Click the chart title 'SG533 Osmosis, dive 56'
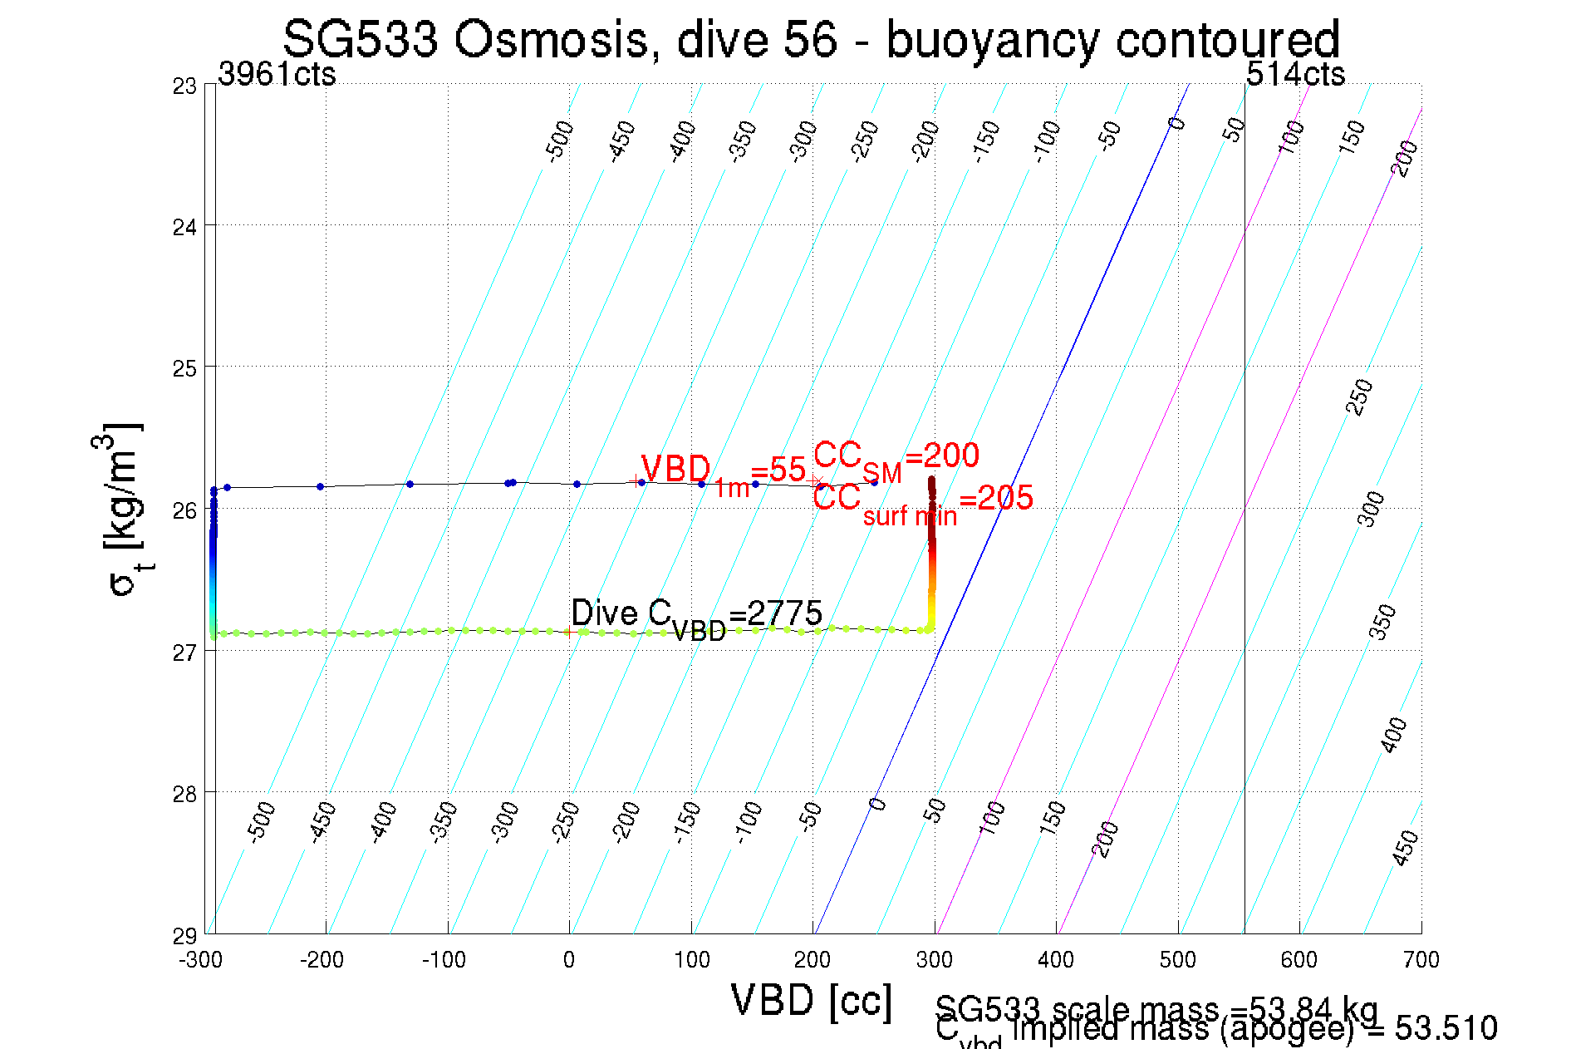(811, 39)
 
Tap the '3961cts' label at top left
(277, 75)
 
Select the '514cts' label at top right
(1295, 75)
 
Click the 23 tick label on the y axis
(184, 86)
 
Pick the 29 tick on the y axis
(184, 936)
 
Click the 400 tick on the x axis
(1056, 960)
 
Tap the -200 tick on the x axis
(322, 960)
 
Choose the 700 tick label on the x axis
(1421, 960)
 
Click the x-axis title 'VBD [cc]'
(811, 1000)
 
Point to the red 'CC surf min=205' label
(922, 502)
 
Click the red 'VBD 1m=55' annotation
(723, 474)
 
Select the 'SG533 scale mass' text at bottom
(1155, 1009)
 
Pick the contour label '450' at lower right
(1405, 848)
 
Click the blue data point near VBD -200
(320, 486)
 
